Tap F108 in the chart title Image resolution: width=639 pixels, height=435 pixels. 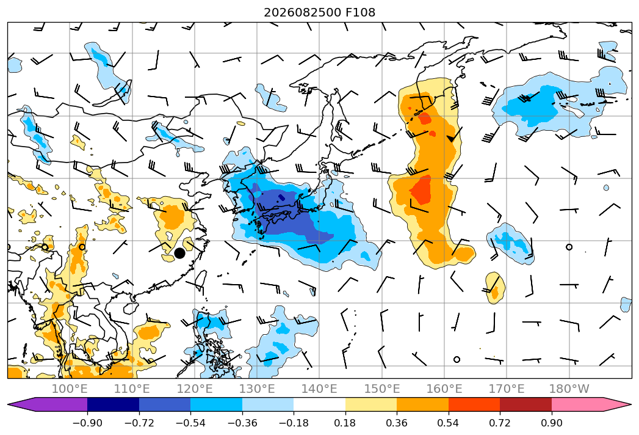point(360,12)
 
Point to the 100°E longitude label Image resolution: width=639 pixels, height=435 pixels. point(70,389)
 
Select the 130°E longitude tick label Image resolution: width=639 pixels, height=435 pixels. point(257,389)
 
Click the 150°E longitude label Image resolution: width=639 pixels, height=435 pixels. point(382,389)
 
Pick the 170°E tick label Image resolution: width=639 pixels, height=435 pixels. point(507,389)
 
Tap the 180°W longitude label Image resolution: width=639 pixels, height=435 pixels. point(569,389)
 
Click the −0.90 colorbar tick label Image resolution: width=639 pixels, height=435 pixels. point(87,423)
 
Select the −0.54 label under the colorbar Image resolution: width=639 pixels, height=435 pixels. point(190,423)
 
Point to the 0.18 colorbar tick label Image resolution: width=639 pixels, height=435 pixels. point(345,423)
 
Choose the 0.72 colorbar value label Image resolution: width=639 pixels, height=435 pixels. point(500,423)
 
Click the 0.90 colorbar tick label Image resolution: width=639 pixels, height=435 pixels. point(551,423)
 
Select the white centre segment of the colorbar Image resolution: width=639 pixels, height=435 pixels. point(320,404)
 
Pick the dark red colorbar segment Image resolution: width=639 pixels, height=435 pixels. point(525,404)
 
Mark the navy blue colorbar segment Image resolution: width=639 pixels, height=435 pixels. point(114,404)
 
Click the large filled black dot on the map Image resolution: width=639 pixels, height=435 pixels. point(179,253)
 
